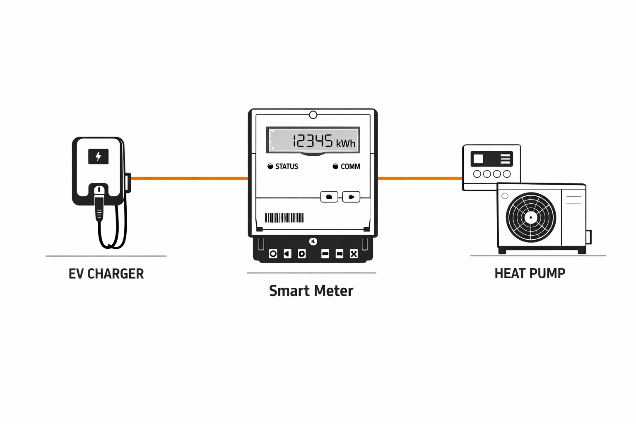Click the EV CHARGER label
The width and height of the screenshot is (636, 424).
[106, 274]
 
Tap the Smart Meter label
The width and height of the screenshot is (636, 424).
[311, 291]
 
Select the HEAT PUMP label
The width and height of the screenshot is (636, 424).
[530, 273]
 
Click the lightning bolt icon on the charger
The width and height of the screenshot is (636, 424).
[98, 157]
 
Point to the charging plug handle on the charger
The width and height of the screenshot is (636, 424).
[99, 205]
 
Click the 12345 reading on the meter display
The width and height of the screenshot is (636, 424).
[313, 141]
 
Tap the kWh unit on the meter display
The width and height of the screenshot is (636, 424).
[346, 143]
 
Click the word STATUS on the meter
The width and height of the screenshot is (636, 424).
[287, 166]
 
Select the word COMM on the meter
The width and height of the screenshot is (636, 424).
[350, 166]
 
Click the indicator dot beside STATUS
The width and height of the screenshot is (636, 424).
[270, 166]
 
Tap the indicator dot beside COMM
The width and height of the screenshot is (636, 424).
[335, 166]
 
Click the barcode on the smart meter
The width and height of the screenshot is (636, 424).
[284, 218]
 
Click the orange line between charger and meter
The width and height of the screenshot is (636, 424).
[190, 178]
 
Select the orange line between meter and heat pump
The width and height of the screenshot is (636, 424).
[420, 178]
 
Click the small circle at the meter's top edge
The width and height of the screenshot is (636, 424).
[313, 115]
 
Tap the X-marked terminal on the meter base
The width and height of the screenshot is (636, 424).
[354, 254]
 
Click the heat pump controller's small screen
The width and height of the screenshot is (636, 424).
[478, 159]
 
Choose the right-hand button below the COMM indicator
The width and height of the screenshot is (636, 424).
[351, 197]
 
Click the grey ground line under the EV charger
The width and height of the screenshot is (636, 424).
[106, 256]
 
